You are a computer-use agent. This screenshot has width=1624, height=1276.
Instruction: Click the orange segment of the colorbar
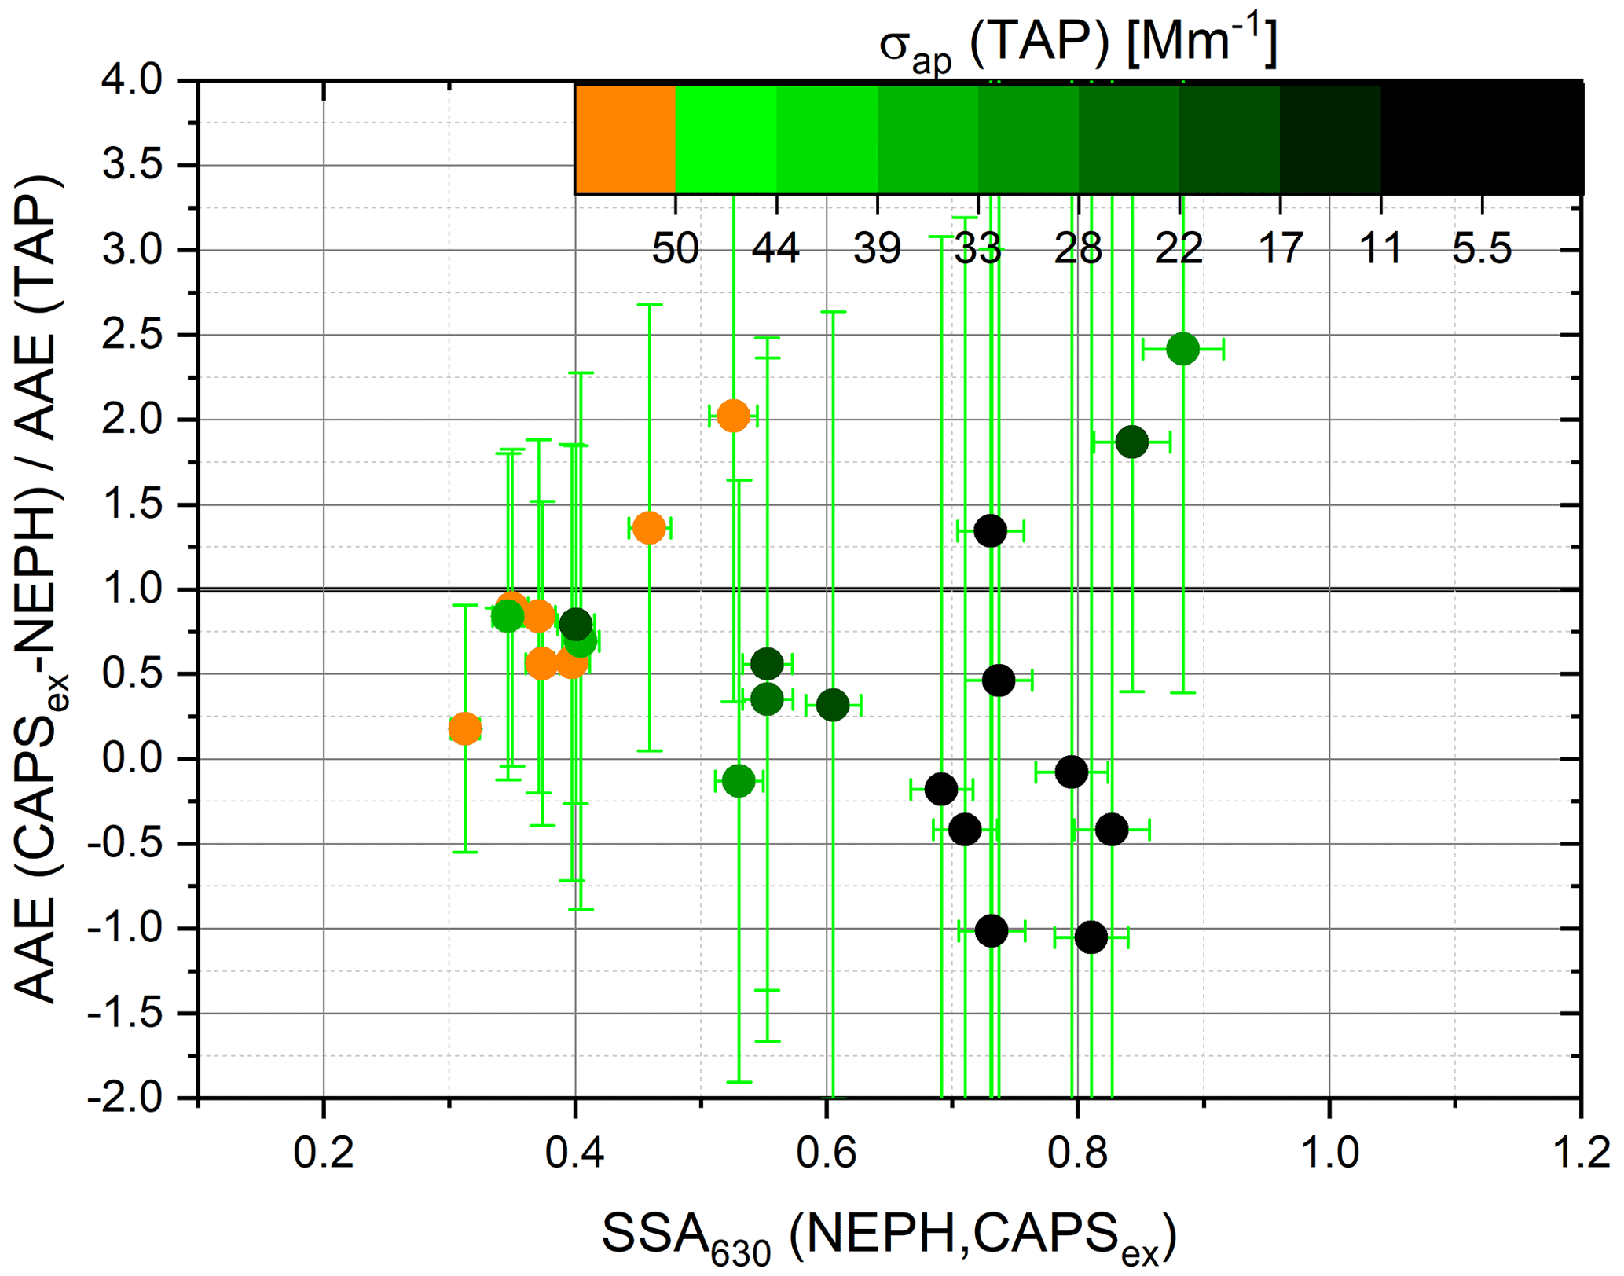[x=625, y=139]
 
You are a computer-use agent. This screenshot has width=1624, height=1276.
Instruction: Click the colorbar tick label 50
[x=675, y=249]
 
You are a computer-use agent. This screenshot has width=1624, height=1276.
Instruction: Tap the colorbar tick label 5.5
[x=1482, y=249]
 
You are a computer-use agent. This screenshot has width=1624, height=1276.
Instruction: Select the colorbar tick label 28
[x=1078, y=249]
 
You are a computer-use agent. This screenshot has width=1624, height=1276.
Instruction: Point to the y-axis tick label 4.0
[x=132, y=81]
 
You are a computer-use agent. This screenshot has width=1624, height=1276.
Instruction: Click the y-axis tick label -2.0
[x=126, y=1098]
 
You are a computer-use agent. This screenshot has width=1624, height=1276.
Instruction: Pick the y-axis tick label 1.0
[x=132, y=589]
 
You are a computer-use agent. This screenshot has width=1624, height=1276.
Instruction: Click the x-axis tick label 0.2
[x=323, y=1153]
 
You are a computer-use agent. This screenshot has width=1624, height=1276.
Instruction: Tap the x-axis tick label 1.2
[x=1581, y=1153]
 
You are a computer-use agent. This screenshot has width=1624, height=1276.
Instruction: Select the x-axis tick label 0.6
[x=826, y=1153]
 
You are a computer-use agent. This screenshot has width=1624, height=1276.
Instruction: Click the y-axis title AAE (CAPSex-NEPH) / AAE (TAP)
[x=39, y=589]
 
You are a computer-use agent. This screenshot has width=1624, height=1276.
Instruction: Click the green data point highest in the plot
[x=1182, y=348]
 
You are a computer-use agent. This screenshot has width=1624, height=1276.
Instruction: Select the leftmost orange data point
[x=465, y=729]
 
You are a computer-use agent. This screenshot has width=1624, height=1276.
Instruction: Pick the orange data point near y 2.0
[x=733, y=416]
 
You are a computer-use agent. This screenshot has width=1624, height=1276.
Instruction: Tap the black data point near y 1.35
[x=990, y=531]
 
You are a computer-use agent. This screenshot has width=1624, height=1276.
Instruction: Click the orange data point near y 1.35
[x=649, y=528]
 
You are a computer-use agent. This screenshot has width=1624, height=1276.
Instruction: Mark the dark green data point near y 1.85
[x=1131, y=442]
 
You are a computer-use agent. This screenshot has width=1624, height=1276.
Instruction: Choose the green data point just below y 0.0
[x=739, y=781]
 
